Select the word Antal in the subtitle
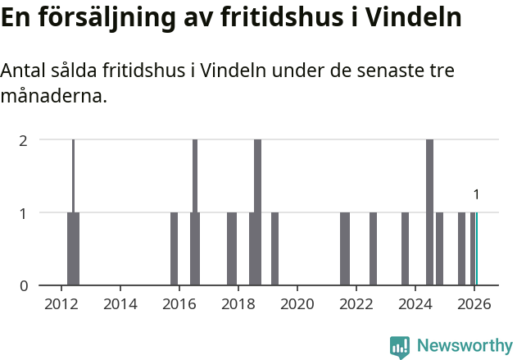point(24,71)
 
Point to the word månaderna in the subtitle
point(53,97)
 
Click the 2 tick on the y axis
point(24,139)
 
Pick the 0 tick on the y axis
point(24,285)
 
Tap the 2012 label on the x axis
point(61,303)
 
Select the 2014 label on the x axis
point(120,303)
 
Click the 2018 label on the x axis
point(238,303)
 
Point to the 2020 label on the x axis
point(297,303)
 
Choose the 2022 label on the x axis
point(356,303)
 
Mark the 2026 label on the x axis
point(474,303)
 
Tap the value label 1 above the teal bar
point(476,195)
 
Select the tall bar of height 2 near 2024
point(429,213)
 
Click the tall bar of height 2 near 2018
point(257,213)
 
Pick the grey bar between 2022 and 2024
point(373,249)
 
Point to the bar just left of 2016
point(174,249)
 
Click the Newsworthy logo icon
point(400,347)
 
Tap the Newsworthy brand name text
point(465,346)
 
